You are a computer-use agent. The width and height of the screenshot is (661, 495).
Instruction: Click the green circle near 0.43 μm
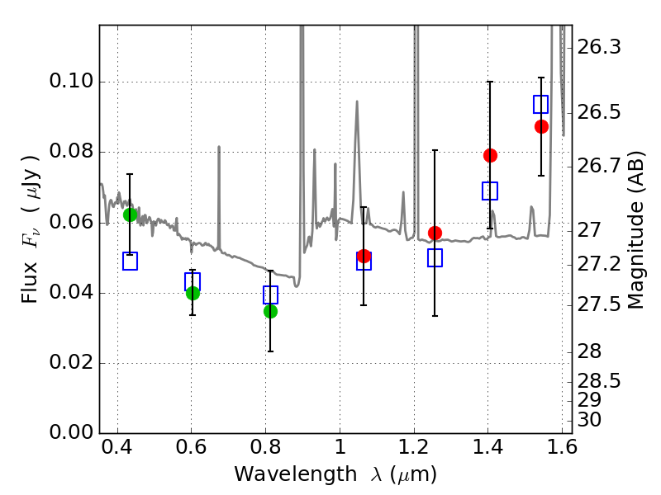coord(130,214)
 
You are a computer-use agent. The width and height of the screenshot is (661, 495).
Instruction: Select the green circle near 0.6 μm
coord(193,293)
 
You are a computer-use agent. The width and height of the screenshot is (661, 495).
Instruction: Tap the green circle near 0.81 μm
coord(270,311)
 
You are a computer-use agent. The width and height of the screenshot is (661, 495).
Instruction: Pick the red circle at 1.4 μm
coord(490,155)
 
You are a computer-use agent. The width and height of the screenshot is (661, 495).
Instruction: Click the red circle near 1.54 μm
coord(541,126)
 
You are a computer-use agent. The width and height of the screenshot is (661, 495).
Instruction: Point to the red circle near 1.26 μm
coord(435,233)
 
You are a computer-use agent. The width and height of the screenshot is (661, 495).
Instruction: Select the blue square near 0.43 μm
coord(130,262)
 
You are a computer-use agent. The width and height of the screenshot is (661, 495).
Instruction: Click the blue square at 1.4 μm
coord(490,191)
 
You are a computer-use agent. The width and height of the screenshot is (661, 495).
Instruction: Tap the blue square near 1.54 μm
coord(541,105)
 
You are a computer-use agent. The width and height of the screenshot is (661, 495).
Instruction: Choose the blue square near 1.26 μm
coord(435,258)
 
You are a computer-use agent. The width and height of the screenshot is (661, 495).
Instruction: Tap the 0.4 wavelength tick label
coord(118,450)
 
